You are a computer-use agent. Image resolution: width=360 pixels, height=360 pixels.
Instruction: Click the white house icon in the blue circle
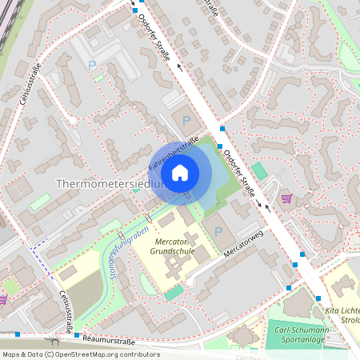[180, 172]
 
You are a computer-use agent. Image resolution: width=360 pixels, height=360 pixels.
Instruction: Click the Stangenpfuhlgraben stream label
[123, 244]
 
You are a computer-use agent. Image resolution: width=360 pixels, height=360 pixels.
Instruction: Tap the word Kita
[334, 310]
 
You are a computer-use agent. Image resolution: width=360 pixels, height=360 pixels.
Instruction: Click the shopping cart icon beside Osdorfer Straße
[286, 198]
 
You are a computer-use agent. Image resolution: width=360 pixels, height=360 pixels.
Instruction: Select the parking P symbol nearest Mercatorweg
[218, 231]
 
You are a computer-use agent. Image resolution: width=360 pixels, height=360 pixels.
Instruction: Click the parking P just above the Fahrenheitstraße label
[186, 121]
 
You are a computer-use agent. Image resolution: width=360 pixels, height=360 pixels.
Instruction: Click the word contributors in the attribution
[138, 354]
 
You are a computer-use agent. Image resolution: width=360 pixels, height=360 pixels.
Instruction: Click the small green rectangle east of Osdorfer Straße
[260, 171]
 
